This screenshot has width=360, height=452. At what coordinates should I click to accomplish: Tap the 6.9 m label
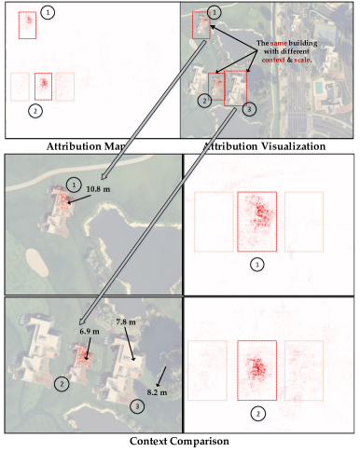click(87, 331)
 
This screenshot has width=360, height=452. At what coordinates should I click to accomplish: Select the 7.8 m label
click(127, 322)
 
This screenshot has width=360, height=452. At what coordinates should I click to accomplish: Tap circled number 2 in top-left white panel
click(35, 111)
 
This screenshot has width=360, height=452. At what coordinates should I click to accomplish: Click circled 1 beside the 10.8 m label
click(75, 182)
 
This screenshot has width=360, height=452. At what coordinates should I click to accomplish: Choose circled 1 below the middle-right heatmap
click(258, 264)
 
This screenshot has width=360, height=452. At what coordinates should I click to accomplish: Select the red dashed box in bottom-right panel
click(257, 370)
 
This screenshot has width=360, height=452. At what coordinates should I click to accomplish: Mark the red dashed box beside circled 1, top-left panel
click(27, 24)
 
